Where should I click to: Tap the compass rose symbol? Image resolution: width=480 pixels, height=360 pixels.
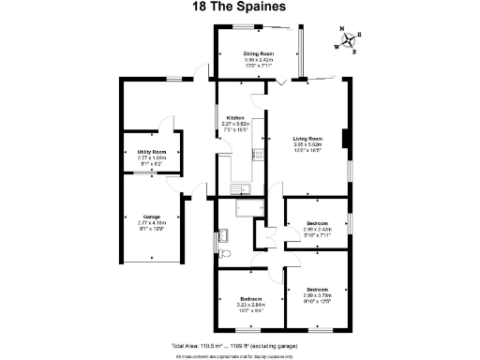pos(348,40)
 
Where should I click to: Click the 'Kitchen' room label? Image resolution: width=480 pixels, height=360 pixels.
pos(234,117)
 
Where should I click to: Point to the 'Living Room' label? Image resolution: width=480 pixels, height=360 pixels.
pos(307,139)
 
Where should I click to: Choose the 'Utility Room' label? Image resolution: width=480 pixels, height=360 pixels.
pos(152,151)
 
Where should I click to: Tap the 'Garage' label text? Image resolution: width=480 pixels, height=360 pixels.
pos(151,217)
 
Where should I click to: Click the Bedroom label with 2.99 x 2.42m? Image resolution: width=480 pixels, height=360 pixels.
pos(317,222)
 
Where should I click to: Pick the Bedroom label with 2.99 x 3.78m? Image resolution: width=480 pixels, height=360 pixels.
pos(317,288)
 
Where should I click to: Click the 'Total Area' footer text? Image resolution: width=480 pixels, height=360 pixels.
pos(239,345)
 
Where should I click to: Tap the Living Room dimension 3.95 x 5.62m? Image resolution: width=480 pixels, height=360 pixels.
pos(307,144)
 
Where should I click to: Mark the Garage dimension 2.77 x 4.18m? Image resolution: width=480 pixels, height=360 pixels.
pos(151,222)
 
